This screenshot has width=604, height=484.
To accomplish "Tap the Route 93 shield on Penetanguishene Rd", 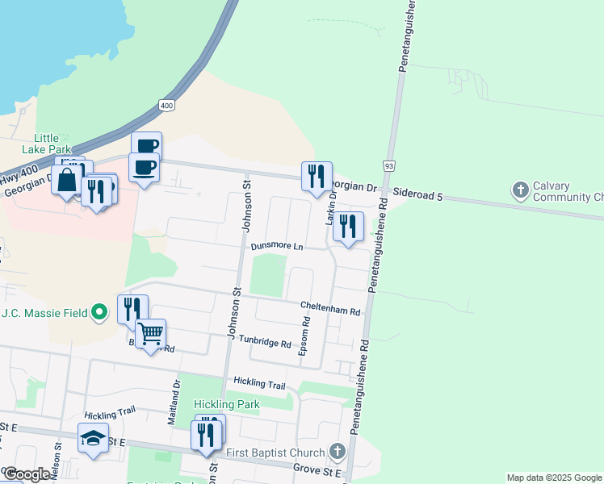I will [x=389, y=165].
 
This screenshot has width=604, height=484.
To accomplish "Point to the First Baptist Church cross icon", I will [x=338, y=452].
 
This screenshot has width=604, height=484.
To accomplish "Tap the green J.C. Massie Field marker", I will [x=99, y=311].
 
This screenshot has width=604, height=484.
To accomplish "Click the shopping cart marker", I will [x=151, y=333].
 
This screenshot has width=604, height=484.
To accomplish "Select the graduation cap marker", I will [x=93, y=437].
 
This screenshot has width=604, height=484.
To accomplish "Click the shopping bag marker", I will [x=66, y=180].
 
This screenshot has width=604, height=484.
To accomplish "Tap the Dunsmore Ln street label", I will [x=277, y=246].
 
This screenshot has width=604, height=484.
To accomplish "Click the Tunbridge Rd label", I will [x=264, y=344].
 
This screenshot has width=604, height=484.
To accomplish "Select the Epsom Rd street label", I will [x=305, y=336].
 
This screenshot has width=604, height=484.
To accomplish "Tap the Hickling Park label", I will [x=225, y=403].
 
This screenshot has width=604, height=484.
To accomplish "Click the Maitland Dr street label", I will [x=172, y=403].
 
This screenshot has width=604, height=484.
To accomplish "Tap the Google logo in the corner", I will [x=26, y=474].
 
